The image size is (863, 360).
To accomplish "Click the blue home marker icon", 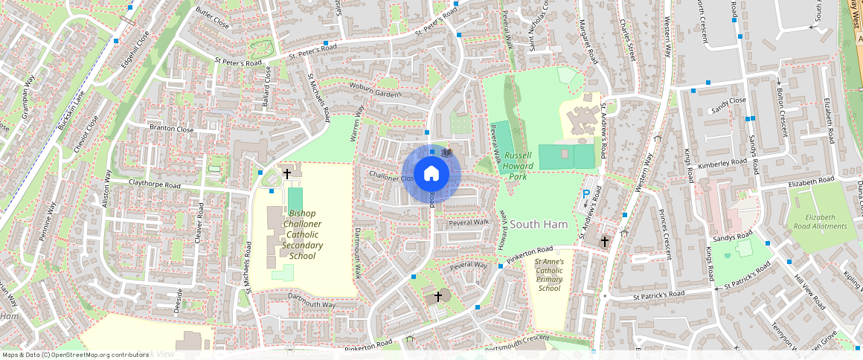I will pos(431,174).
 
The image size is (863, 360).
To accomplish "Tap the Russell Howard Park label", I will pos(518,161).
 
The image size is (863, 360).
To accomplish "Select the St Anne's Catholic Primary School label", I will pos(549,275).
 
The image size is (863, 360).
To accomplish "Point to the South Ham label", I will pos(539,224).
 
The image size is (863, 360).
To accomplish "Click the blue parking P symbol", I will pos(586,194).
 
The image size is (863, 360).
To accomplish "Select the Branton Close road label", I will pos(171,129).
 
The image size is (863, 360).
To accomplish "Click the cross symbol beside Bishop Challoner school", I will pos(287,174).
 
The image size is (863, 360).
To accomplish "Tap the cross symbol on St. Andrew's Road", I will pos(605,242).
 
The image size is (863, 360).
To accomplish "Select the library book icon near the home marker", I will pos(447,152).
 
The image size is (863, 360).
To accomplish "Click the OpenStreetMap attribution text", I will pos(75,355).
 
